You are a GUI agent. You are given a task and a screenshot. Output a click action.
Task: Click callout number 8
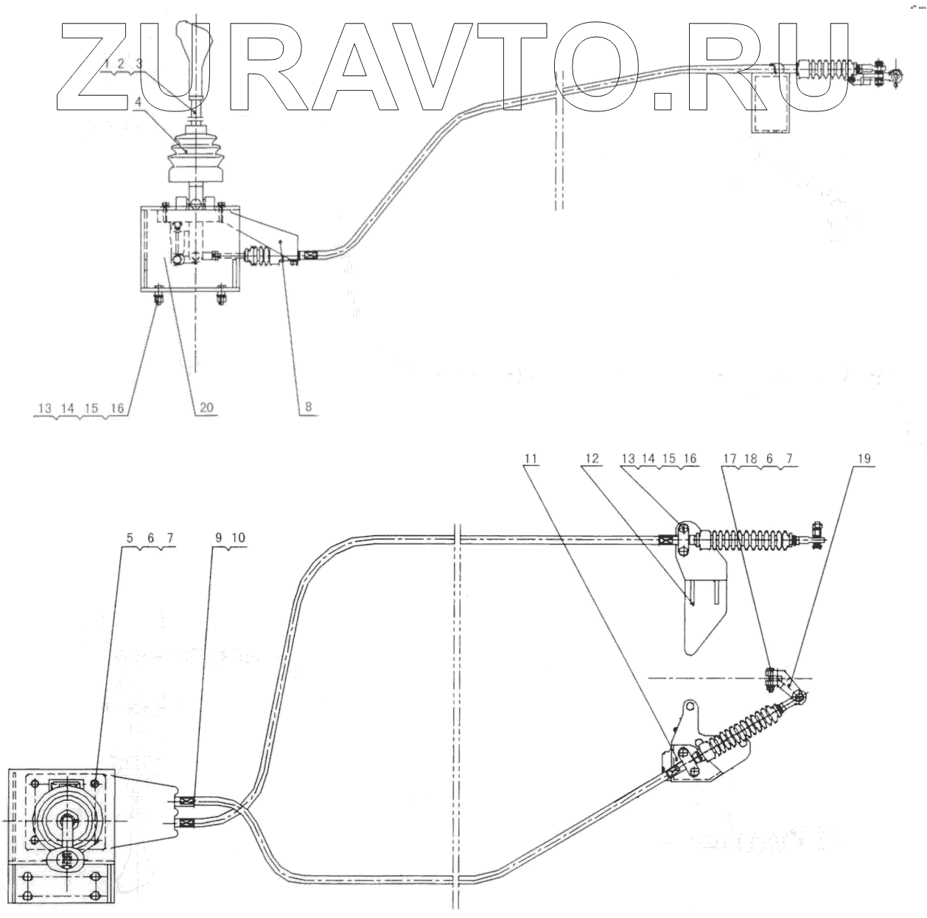(x=308, y=406)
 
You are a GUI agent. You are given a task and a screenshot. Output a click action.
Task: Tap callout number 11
(x=531, y=459)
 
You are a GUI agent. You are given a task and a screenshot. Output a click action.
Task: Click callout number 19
(x=864, y=459)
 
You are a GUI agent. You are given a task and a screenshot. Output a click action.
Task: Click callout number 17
(x=727, y=459)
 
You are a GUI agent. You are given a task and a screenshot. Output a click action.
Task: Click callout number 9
(x=220, y=538)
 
